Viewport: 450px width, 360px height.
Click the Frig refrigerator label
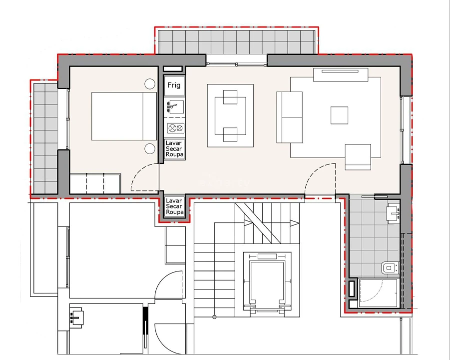[x=174, y=85]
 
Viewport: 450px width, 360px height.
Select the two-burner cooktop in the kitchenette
[x=174, y=128]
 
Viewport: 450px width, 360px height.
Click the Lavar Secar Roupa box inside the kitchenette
[x=174, y=149]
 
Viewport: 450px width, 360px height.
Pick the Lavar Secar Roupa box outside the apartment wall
[x=174, y=206]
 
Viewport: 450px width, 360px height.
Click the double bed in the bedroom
[x=124, y=116]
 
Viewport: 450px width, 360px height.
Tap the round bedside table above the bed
[x=149, y=84]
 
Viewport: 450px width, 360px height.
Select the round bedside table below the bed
[x=149, y=148]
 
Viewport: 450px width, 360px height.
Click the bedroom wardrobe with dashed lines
[x=95, y=183]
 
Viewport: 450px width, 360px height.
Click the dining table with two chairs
[x=230, y=115]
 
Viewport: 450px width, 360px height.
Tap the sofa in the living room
[x=289, y=117]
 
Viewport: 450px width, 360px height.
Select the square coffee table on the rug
[x=339, y=115]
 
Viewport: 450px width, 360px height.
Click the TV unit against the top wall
[x=341, y=74]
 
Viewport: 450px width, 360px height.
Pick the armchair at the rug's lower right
[x=358, y=157]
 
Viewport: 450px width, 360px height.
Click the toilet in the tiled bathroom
[x=389, y=268]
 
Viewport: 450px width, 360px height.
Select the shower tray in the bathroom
[x=378, y=292]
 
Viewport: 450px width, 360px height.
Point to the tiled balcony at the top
[x=235, y=41]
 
